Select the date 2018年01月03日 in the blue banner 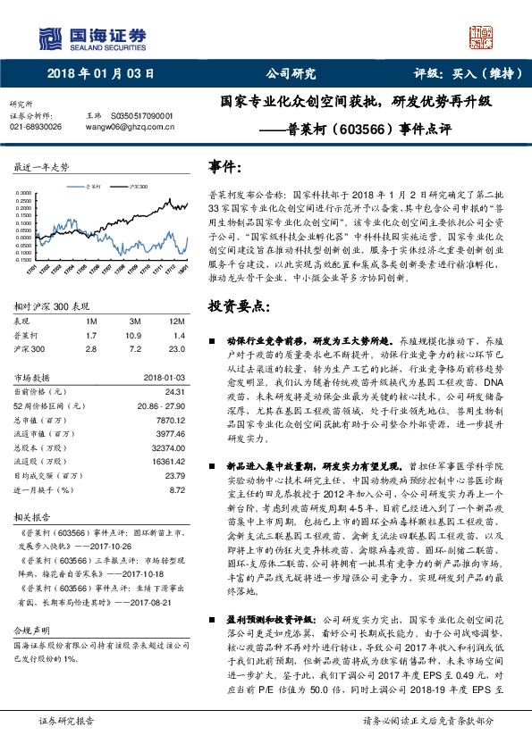[100, 74]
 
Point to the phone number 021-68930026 [36, 127]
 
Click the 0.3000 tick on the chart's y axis [25, 192]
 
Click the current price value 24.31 [174, 391]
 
